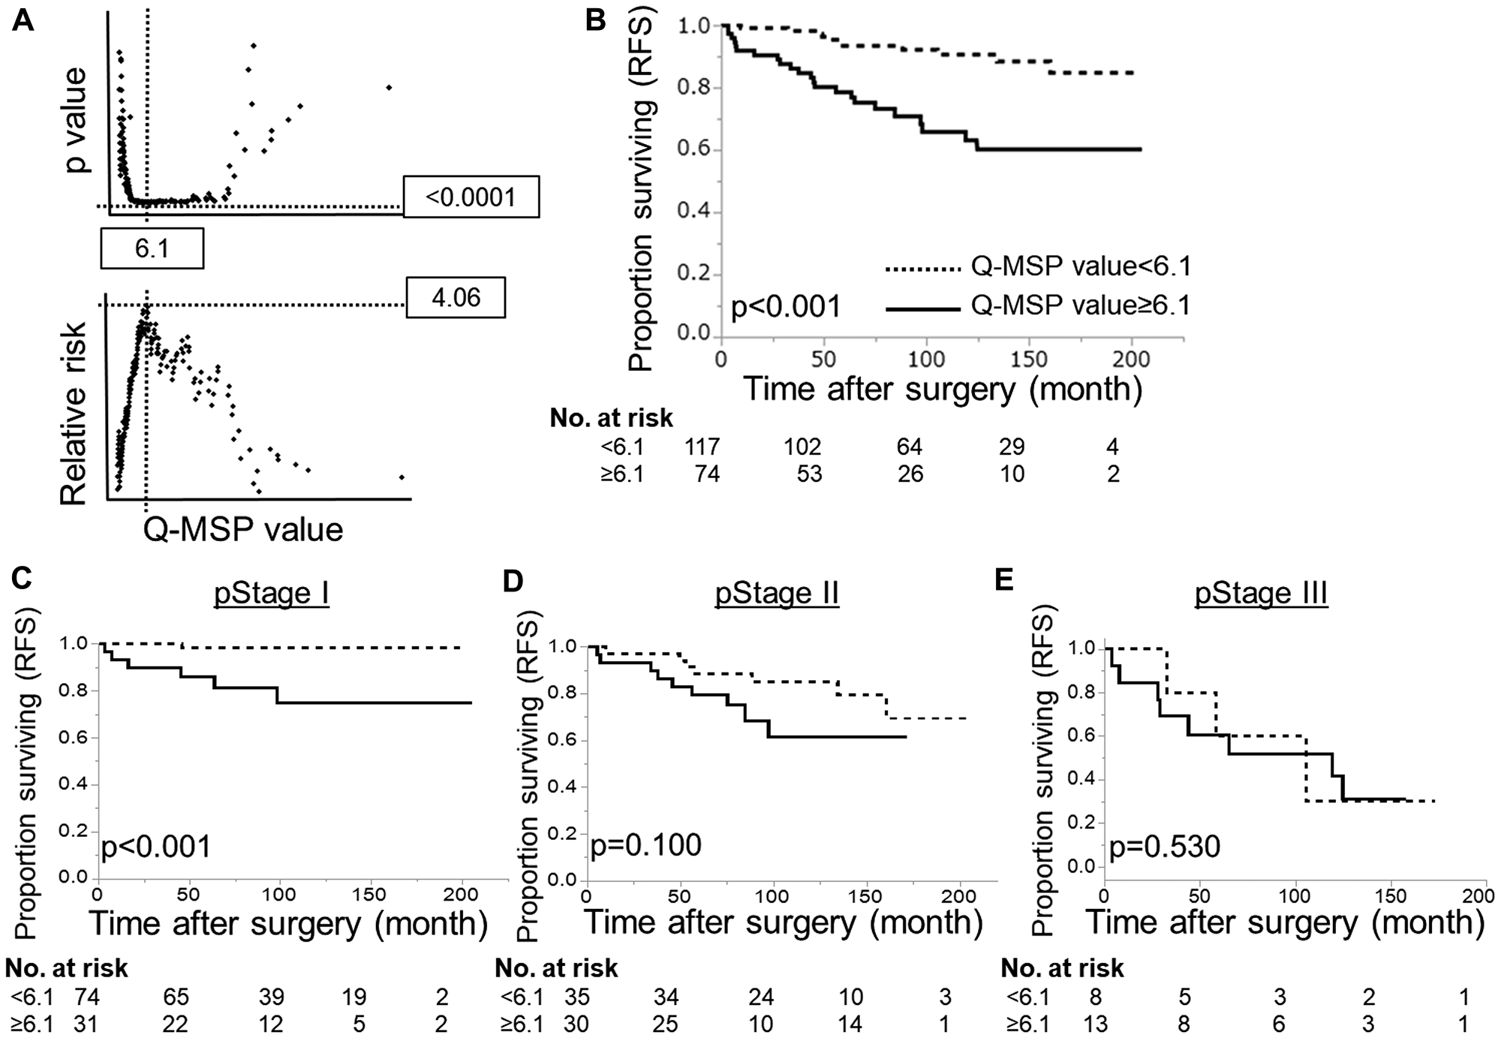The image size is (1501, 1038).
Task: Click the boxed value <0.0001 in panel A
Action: [471, 197]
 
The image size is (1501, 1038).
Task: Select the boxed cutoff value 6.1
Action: [152, 248]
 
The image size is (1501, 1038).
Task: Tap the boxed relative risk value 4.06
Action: [456, 298]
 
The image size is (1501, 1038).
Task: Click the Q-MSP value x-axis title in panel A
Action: [242, 530]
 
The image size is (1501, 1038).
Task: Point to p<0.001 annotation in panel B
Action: [786, 307]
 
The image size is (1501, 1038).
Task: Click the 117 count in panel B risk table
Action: [702, 447]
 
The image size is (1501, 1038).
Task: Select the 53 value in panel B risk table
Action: [809, 474]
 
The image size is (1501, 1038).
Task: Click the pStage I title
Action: [272, 593]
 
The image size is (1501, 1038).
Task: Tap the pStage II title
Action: [777, 593]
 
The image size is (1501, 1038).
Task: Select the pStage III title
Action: [1262, 593]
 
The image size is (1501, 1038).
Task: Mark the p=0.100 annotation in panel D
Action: [646, 845]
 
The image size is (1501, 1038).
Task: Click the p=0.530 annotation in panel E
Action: [1165, 847]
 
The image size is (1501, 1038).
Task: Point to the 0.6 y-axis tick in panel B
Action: [693, 150]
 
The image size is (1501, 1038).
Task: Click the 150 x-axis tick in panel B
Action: [1028, 359]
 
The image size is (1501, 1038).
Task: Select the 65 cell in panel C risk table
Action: [176, 997]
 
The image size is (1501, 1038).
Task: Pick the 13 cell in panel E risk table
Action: [1096, 1024]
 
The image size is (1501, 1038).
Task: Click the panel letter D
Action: [512, 580]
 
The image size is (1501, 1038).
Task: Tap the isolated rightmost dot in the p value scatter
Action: [389, 88]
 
